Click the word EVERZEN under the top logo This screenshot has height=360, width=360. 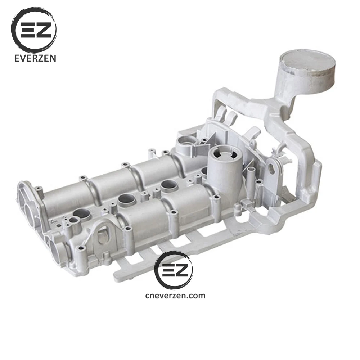pos(35,58)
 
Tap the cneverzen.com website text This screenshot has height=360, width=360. pos(175,296)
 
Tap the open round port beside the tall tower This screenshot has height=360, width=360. pos(186,142)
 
